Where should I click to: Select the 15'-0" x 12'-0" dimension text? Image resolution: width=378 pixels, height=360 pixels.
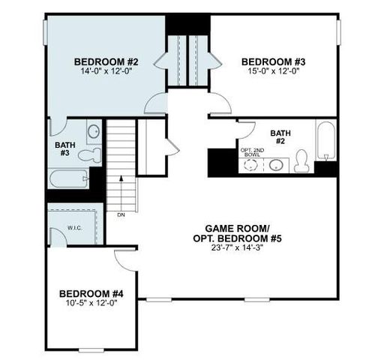coord(269,71)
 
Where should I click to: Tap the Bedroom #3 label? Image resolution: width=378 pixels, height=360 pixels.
coord(269,61)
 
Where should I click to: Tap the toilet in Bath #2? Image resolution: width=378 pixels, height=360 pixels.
coord(302,160)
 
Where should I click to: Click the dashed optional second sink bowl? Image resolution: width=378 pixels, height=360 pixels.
coord(252,166)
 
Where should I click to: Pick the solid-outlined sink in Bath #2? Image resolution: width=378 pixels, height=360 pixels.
coord(276,165)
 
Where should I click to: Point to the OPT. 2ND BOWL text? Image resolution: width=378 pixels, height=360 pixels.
coord(251,152)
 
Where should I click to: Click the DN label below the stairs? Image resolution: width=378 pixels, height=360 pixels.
coord(121,216)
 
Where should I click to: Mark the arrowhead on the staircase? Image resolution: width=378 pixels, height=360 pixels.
coord(121,179)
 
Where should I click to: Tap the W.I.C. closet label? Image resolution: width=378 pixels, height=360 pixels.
coord(74,228)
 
